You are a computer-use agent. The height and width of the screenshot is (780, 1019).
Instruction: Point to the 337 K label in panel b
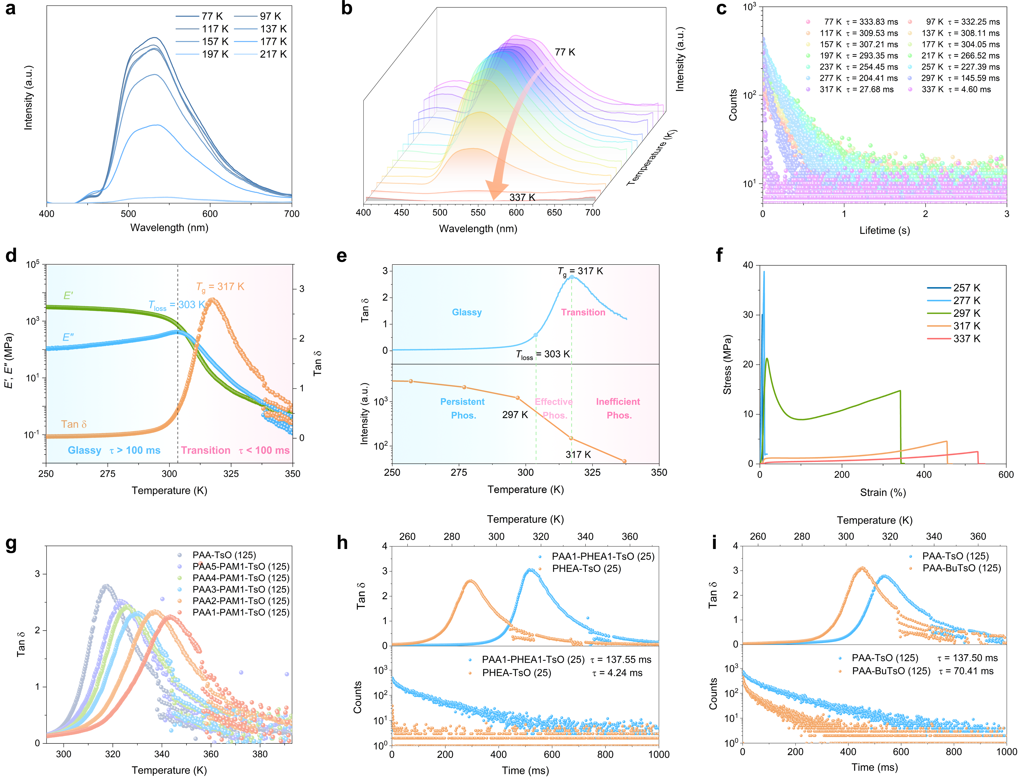tap(522, 197)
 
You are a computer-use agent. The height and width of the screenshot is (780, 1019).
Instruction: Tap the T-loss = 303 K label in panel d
tap(176, 305)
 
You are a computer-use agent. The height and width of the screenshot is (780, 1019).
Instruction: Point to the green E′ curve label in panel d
tap(68, 296)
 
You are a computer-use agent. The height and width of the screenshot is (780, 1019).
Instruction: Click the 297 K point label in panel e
tap(515, 415)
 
